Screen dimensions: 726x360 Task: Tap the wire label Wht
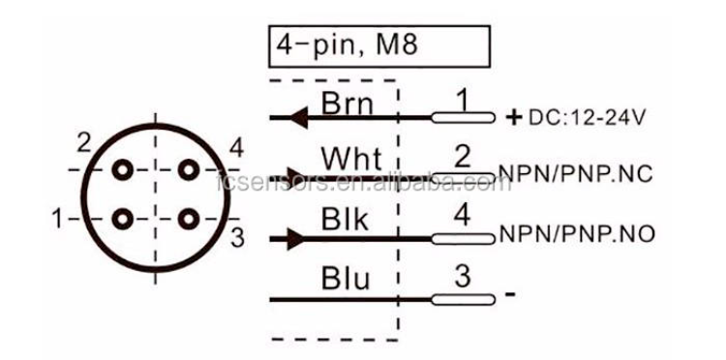pyautogui.click(x=350, y=160)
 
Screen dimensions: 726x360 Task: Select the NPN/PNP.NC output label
pyautogui.click(x=576, y=174)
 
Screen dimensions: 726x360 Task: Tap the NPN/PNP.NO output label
pyautogui.click(x=576, y=235)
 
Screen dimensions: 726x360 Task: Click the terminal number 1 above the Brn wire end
pyautogui.click(x=462, y=98)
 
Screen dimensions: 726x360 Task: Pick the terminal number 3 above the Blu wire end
pyautogui.click(x=463, y=277)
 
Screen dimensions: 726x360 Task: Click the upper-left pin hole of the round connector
pyautogui.click(x=122, y=170)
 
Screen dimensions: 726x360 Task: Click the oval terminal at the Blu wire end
pyautogui.click(x=463, y=296)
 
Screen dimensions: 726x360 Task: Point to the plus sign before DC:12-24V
pyautogui.click(x=513, y=117)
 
